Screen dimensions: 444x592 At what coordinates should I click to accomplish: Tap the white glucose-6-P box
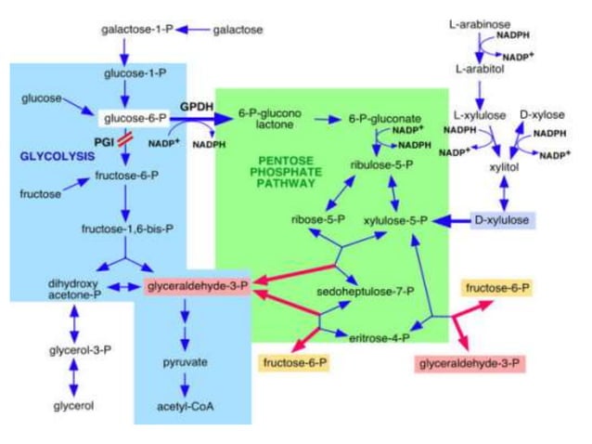tap(135, 118)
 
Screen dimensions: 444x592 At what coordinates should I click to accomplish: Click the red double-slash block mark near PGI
tap(136, 139)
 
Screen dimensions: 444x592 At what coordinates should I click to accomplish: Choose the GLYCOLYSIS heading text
tap(57, 157)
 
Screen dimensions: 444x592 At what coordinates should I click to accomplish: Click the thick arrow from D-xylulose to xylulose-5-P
tap(452, 221)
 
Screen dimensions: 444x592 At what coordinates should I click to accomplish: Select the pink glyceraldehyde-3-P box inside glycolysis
tap(197, 285)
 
